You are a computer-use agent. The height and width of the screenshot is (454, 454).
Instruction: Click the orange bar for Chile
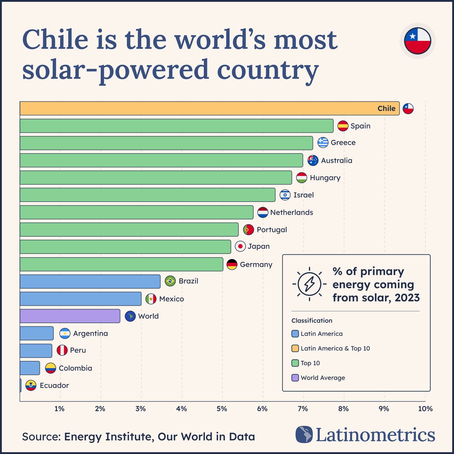click(x=209, y=108)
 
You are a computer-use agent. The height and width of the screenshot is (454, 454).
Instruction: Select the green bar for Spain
click(x=176, y=126)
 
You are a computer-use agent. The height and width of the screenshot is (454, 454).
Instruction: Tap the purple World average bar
click(x=70, y=316)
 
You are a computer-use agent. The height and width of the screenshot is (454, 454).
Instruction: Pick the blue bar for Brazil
click(x=90, y=281)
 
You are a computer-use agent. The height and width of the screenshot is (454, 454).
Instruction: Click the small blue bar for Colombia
click(x=30, y=368)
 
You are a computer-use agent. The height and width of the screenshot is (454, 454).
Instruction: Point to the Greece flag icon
click(x=323, y=142)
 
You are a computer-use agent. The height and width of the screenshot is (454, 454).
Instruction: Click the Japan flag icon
click(x=240, y=246)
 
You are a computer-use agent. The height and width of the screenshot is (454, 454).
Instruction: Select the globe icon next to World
click(x=130, y=316)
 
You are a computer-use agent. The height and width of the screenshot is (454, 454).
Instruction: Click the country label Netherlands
click(x=291, y=213)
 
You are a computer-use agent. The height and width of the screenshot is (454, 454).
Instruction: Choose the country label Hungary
click(x=325, y=178)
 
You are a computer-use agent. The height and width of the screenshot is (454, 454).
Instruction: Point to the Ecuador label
click(x=54, y=385)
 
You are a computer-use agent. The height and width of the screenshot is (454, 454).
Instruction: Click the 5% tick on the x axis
click(x=222, y=409)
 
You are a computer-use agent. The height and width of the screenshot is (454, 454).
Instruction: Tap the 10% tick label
click(x=425, y=409)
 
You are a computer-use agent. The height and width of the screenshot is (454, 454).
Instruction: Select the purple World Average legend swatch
click(x=295, y=378)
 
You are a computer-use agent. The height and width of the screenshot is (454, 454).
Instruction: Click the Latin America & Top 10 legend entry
click(x=335, y=348)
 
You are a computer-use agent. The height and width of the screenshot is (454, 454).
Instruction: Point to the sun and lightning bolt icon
click(x=309, y=284)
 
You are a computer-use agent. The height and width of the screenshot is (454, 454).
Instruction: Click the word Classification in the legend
click(x=312, y=320)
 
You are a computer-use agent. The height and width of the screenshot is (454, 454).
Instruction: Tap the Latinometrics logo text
click(x=375, y=435)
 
